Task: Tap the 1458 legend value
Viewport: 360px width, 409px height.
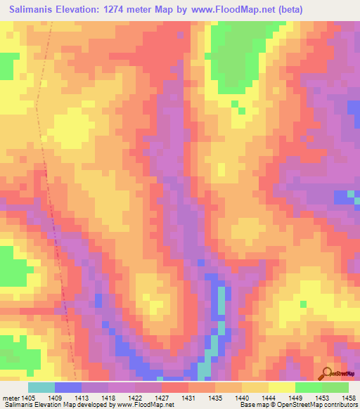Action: click(349, 396)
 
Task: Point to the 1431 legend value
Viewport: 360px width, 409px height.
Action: click(188, 396)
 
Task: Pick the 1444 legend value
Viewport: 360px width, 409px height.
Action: click(269, 396)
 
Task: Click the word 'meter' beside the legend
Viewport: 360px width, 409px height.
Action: click(12, 396)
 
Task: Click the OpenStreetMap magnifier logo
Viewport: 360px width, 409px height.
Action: click(326, 373)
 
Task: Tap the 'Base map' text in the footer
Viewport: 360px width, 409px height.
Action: click(255, 404)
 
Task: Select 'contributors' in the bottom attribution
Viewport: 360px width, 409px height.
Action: click(339, 404)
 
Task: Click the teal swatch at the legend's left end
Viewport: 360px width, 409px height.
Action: click(41, 387)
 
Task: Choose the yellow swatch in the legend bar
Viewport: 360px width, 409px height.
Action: click(281, 387)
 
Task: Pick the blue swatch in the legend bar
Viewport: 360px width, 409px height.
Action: click(67, 387)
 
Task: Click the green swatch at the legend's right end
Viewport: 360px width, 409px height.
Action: click(335, 387)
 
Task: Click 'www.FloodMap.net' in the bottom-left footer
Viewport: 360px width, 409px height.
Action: click(146, 404)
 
